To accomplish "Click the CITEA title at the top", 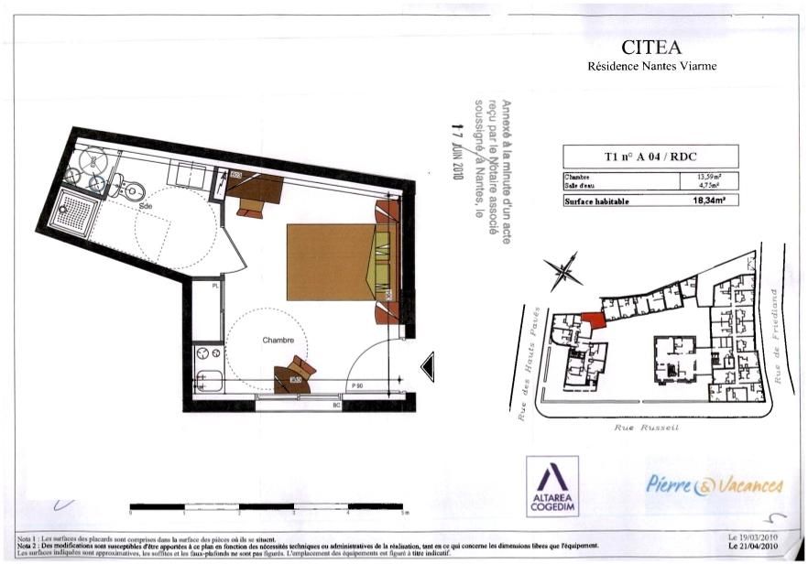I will coord(651,47).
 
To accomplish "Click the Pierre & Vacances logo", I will coord(715,484).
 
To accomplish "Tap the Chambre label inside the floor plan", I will coord(278,340).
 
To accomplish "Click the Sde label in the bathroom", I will coord(146,207).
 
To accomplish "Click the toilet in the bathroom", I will coord(129,188).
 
